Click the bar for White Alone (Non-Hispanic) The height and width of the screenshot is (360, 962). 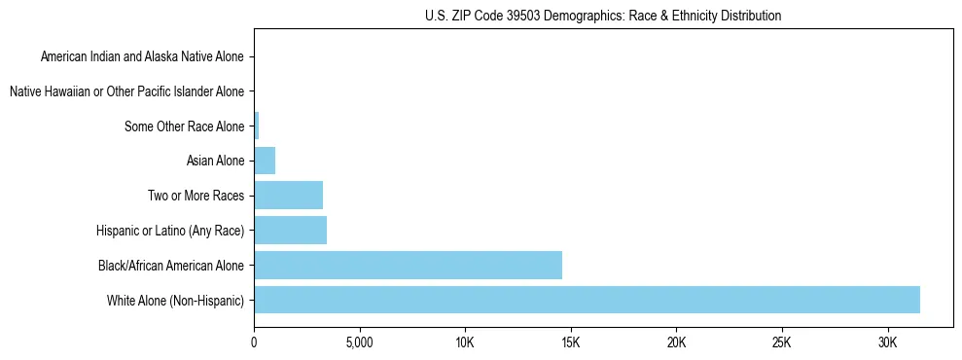[x=587, y=300]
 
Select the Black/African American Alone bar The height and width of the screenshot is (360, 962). [x=408, y=265]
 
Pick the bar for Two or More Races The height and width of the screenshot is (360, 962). [x=288, y=196]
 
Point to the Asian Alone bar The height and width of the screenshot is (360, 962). [x=265, y=161]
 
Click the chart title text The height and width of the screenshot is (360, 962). [x=603, y=16]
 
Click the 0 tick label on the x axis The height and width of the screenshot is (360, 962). [x=254, y=342]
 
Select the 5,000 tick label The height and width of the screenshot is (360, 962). [x=359, y=342]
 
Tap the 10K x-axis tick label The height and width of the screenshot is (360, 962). [x=465, y=342]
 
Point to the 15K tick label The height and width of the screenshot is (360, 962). [x=571, y=342]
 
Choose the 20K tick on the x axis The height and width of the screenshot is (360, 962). [x=676, y=342]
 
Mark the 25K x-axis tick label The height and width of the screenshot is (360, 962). [x=782, y=342]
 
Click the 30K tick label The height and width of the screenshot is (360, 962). [x=888, y=342]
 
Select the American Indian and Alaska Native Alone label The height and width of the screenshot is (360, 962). [x=142, y=56]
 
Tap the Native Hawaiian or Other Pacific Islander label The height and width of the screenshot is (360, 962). [x=126, y=91]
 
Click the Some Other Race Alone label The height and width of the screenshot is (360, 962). [x=185, y=126]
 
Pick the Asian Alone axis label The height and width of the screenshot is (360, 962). [x=215, y=161]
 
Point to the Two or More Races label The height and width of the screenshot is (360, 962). [x=196, y=196]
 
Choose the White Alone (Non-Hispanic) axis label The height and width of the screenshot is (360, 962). [x=176, y=300]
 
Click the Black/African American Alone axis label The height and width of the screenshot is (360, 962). [x=171, y=265]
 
